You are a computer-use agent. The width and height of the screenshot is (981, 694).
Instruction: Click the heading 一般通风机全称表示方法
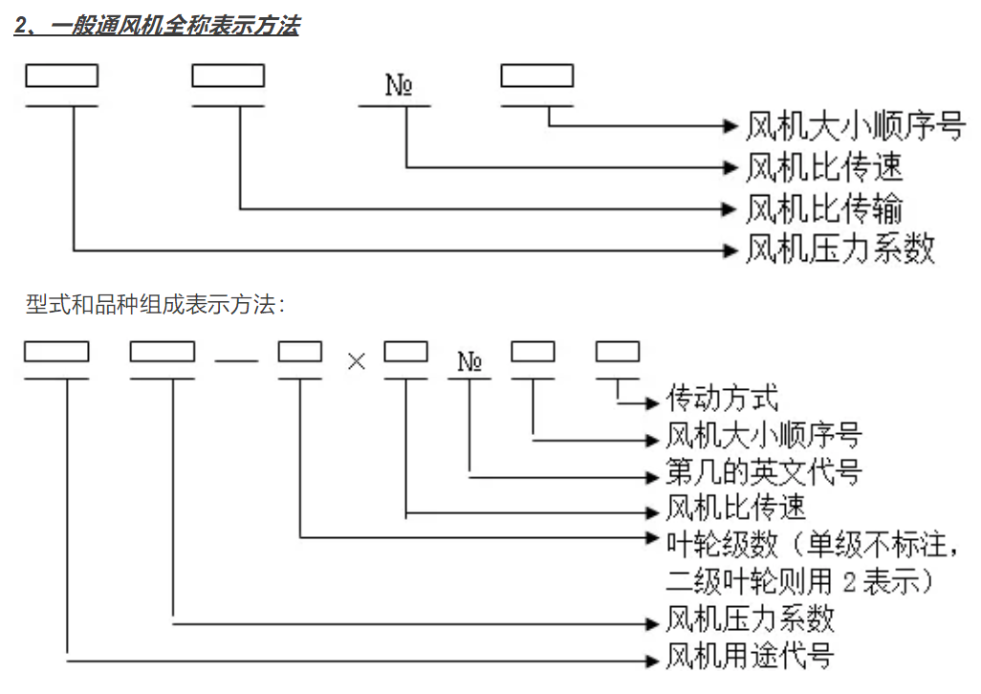157,26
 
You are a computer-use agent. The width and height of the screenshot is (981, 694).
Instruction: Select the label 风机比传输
823,208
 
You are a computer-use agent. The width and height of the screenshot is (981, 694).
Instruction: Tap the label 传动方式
722,399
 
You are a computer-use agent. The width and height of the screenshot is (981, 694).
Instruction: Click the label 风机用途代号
750,657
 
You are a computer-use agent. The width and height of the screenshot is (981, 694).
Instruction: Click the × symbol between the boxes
357,363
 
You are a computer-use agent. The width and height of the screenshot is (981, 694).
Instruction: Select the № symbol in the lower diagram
469,361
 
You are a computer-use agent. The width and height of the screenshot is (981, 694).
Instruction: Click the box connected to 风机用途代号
56,352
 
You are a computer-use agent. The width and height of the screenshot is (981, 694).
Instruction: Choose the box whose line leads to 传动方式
618,352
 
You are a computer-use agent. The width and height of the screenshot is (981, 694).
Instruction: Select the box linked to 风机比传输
229,76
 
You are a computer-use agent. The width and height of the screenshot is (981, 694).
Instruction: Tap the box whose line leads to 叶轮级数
300,352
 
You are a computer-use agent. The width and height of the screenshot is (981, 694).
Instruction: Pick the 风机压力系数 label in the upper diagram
839,250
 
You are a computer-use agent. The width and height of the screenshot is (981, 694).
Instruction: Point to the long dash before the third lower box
235,362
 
